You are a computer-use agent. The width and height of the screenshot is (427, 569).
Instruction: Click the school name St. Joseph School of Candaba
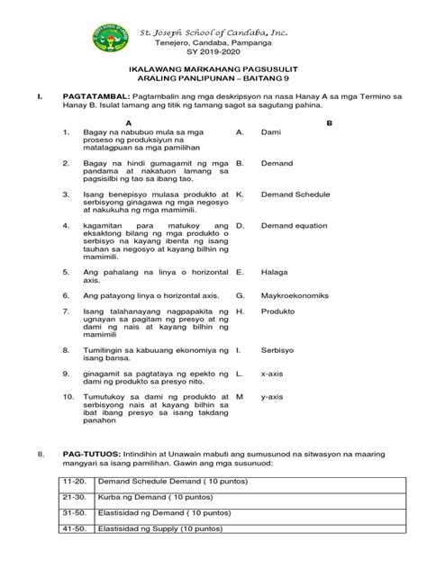(214, 32)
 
